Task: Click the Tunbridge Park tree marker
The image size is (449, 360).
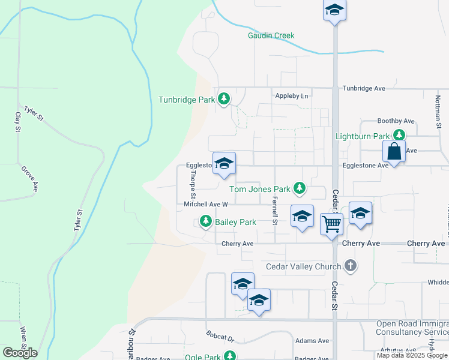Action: tap(224, 98)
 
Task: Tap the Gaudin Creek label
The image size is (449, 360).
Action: tap(271, 35)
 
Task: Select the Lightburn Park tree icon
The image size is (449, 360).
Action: tap(398, 136)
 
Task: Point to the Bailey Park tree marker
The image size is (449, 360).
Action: tap(206, 222)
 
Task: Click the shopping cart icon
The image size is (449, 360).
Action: tap(331, 224)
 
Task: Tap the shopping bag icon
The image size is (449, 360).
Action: tap(394, 151)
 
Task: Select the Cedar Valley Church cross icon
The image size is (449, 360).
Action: tap(351, 265)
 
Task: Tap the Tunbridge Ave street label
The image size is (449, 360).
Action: tap(364, 88)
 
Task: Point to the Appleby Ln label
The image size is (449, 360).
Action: tap(291, 96)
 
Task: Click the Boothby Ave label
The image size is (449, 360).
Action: tap(396, 121)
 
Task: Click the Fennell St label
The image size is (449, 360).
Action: tap(274, 210)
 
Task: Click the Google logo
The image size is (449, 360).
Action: tap(20, 352)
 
